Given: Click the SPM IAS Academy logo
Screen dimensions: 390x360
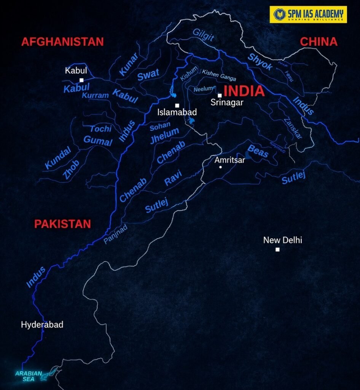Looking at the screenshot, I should [x=308, y=14].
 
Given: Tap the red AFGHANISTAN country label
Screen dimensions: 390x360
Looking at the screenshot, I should [x=62, y=42].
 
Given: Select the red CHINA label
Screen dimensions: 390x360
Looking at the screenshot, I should [x=319, y=42].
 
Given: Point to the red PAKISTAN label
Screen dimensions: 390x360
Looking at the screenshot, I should [x=62, y=224].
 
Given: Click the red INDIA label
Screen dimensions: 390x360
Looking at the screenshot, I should [x=244, y=91].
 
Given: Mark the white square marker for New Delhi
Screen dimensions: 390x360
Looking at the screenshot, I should [x=277, y=249].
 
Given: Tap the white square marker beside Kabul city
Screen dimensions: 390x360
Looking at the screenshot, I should [x=81, y=80].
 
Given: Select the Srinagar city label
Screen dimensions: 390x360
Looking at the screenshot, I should [x=227, y=102].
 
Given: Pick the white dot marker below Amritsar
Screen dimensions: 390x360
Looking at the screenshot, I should [x=221, y=167].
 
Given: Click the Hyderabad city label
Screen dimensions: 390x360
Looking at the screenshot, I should [x=42, y=325].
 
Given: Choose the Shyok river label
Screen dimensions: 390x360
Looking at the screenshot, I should [x=261, y=62].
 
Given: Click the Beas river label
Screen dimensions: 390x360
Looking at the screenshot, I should [x=258, y=152].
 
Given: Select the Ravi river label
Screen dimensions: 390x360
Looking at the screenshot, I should [x=173, y=177].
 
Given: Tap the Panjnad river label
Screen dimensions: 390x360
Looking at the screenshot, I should [x=115, y=233].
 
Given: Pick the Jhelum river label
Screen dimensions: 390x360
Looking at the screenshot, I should [x=164, y=136].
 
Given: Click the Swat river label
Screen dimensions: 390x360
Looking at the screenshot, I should [x=148, y=75].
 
